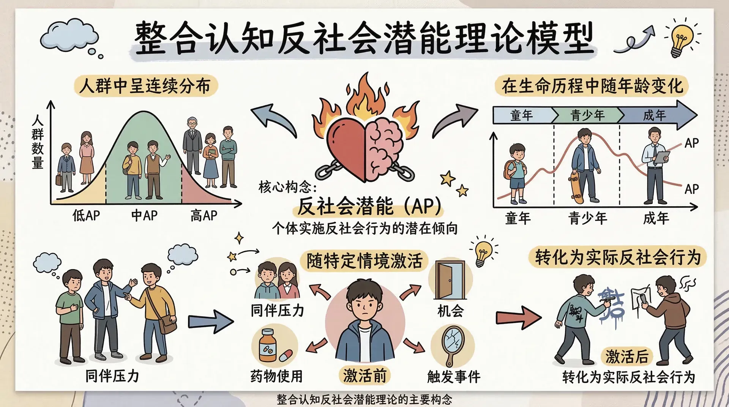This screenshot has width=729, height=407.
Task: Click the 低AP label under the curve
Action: tap(86, 216)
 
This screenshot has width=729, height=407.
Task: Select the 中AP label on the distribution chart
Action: tap(144, 216)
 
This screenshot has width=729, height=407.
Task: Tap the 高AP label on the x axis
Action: tap(204, 216)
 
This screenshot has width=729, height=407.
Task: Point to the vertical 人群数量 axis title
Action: tap(38, 142)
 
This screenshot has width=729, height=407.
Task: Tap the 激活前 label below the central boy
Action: tap(364, 375)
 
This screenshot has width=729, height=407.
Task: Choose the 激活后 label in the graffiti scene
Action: tap(627, 357)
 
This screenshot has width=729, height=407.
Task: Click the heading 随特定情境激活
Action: tap(364, 261)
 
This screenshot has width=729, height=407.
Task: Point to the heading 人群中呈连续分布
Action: tap(145, 86)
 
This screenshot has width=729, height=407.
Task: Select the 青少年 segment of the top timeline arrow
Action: tap(587, 115)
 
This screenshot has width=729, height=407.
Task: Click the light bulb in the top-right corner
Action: tap(681, 38)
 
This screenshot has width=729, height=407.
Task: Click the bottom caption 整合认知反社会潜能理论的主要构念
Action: tap(364, 400)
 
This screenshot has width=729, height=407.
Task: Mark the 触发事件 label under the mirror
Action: tap(454, 377)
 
